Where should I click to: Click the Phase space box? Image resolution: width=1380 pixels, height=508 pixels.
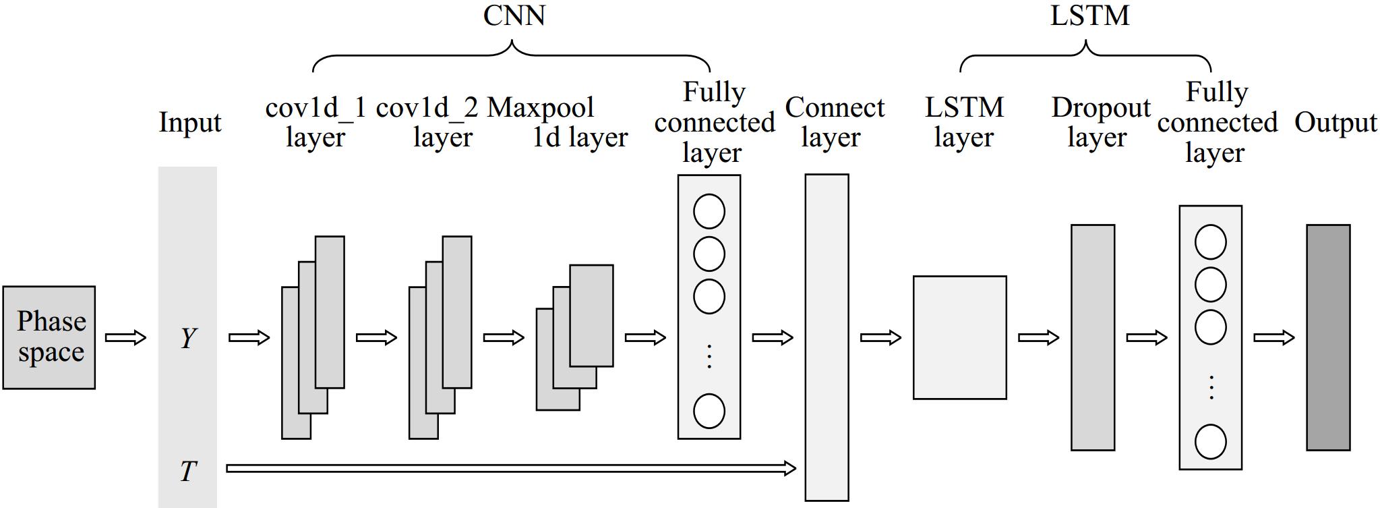click(49, 337)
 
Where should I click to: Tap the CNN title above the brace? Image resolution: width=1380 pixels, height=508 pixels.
click(514, 16)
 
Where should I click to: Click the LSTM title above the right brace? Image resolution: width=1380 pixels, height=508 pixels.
click(1089, 16)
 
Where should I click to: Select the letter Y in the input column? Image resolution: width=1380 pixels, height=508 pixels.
click(188, 337)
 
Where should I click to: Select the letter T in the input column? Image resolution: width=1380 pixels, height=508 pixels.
click(188, 470)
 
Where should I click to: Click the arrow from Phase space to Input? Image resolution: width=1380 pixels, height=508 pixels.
click(125, 337)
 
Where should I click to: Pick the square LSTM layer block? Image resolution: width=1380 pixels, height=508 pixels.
click(959, 337)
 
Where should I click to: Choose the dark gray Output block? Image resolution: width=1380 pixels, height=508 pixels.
click(1327, 337)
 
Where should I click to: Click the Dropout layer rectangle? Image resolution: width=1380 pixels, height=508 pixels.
click(1092, 337)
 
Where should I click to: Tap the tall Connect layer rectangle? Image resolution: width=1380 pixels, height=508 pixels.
click(827, 337)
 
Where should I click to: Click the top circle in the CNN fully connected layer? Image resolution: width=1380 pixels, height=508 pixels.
click(709, 211)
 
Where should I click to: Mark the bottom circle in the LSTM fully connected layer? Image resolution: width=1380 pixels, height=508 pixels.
click(1210, 443)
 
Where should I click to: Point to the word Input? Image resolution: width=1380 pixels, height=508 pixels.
click(189, 123)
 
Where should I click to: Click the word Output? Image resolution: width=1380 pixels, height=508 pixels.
click(1335, 123)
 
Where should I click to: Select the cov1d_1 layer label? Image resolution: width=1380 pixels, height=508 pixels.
click(316, 122)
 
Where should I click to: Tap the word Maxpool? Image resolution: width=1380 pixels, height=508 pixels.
click(541, 108)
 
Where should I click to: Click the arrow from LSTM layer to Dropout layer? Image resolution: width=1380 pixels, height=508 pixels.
click(1038, 337)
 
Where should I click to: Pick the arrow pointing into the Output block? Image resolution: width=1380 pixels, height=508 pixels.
click(1273, 337)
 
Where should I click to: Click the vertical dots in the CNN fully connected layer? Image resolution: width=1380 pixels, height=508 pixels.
click(709, 356)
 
